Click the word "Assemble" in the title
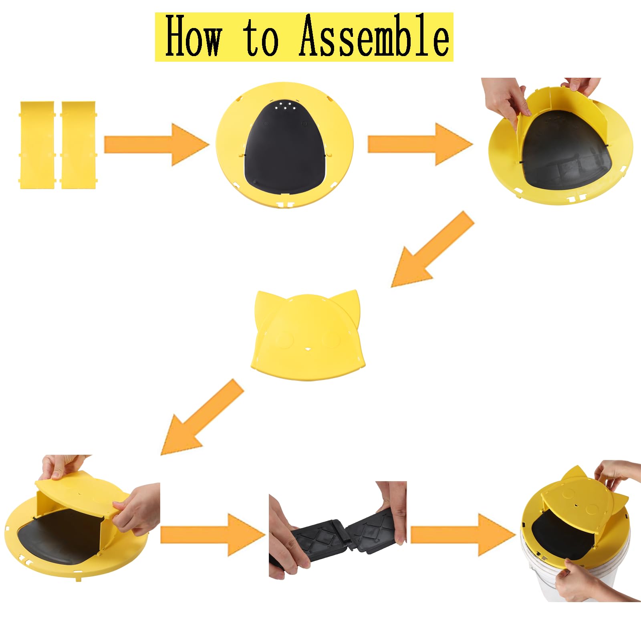tap(374, 36)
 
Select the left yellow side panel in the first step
tap(37, 145)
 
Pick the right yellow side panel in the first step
tap(78, 145)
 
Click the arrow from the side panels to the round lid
tap(157, 145)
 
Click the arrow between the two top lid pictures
tap(420, 144)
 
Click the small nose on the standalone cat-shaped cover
tap(308, 349)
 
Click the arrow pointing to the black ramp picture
tap(213, 534)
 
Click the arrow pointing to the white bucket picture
tap(464, 535)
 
